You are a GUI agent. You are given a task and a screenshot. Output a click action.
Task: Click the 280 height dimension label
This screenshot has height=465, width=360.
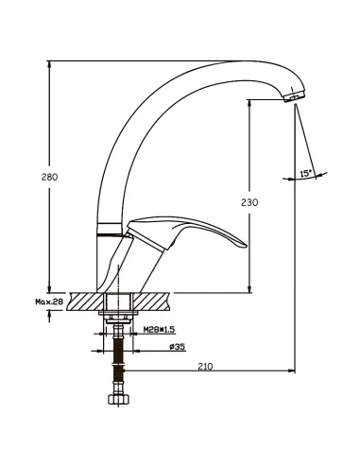[50, 177]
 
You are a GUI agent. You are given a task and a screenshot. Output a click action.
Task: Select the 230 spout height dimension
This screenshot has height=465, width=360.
[249, 202]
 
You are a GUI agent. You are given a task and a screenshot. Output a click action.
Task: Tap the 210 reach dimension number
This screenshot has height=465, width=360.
[205, 367]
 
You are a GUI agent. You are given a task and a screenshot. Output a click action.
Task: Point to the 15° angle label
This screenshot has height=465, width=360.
[305, 173]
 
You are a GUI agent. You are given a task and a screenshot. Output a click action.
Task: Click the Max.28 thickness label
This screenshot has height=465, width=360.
[49, 301]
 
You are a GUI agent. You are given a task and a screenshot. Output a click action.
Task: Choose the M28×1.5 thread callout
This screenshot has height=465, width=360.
[159, 330]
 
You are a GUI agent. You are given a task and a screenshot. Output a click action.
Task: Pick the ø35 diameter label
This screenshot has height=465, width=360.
[178, 347]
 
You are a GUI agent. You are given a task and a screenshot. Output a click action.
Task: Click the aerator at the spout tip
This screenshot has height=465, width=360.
[294, 95]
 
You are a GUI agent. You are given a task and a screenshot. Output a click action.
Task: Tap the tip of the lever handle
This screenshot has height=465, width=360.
[246, 246]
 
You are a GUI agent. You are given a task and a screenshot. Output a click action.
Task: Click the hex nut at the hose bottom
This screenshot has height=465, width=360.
[118, 399]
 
